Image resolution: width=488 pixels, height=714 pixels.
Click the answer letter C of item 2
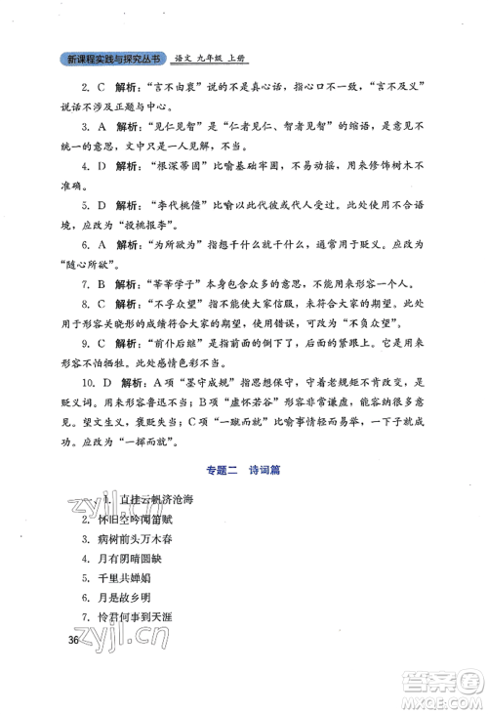click(100, 87)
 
